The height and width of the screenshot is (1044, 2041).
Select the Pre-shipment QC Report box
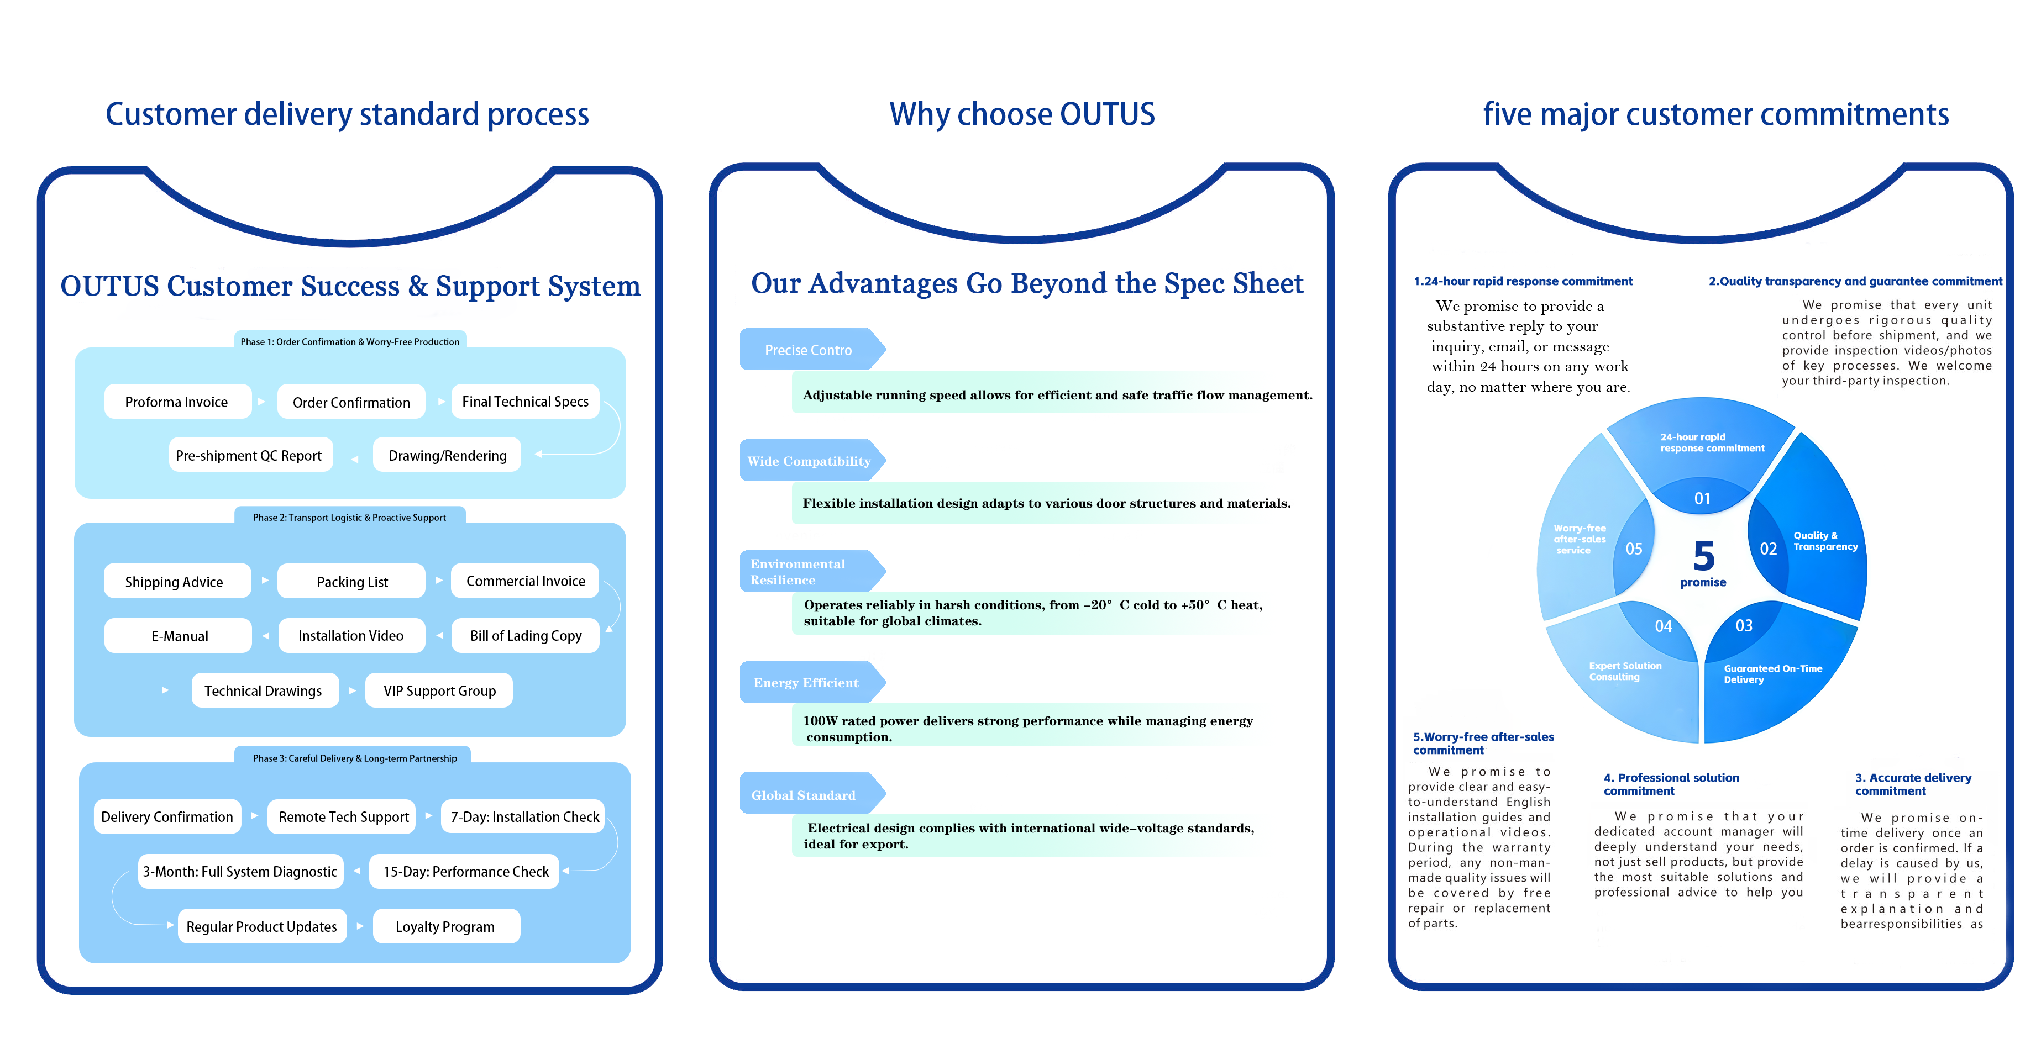249,456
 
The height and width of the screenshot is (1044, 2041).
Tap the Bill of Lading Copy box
525,635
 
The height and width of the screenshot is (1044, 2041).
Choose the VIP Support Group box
440,690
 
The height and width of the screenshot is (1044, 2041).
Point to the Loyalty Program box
445,927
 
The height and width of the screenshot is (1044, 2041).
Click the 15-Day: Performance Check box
466,871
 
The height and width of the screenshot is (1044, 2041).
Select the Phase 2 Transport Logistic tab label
349,517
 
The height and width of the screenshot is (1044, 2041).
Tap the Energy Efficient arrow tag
806,683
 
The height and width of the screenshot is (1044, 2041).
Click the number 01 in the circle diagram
1702,498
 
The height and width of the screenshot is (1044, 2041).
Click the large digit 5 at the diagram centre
1703,557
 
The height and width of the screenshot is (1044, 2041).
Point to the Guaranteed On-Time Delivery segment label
1772,674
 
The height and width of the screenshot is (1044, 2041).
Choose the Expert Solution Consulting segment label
1625,671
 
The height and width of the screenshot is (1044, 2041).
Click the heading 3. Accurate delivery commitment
1913,784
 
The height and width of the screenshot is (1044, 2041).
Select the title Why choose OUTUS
1021,114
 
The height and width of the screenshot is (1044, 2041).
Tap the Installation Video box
351,635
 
